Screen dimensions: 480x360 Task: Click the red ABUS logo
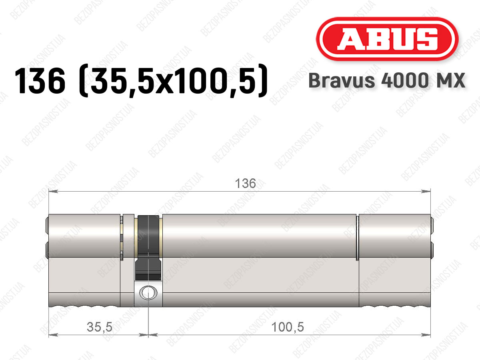pyautogui.click(x=387, y=39)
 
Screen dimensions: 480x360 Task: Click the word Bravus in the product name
pyautogui.click(x=342, y=80)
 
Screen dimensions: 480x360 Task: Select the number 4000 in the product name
pyautogui.click(x=404, y=80)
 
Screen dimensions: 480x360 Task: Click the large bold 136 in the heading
pyautogui.click(x=40, y=80)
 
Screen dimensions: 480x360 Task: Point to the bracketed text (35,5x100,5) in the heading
pyautogui.click(x=173, y=80)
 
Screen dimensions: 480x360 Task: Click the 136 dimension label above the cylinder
pyautogui.click(x=245, y=183)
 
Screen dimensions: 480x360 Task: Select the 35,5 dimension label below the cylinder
pyautogui.click(x=100, y=327)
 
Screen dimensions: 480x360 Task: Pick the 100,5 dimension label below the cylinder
pyautogui.click(x=288, y=327)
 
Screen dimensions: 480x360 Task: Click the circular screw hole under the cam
pyautogui.click(x=148, y=293)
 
